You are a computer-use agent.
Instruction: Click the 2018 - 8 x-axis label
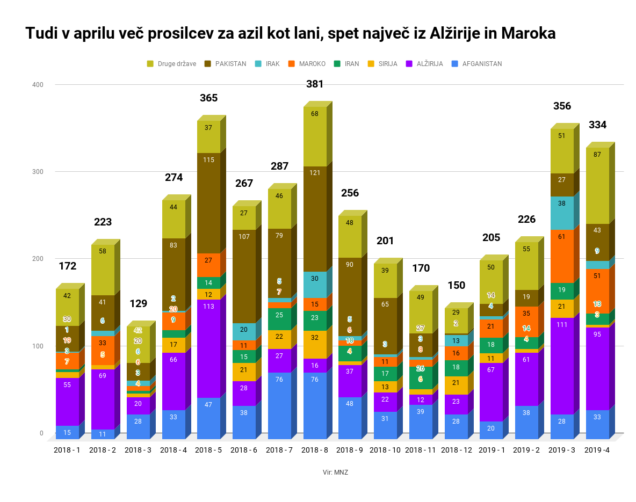[315, 450]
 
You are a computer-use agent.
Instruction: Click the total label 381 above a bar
[315, 84]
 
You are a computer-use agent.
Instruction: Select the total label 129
[138, 304]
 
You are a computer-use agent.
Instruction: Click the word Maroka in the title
[528, 33]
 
